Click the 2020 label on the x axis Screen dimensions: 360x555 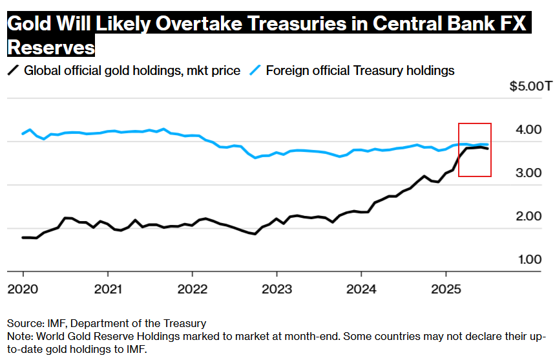pos(23,288)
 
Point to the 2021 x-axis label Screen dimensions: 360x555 pos(108,288)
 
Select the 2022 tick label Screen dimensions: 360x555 pos(193,288)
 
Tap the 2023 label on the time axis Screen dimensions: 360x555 pos(277,288)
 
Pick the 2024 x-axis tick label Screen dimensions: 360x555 pos(362,288)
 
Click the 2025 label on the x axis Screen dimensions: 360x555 pos(446,288)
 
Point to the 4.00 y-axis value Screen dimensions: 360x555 pos(534,130)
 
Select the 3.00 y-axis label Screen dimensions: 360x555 pos(534,173)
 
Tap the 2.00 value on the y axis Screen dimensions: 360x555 pos(534,217)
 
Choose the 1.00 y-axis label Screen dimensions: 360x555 pos(534,260)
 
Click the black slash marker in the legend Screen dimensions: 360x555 pos(13,70)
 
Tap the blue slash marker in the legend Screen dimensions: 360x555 pos(255,70)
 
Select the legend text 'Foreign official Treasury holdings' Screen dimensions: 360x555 pos(360,70)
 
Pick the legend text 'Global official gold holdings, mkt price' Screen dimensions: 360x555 pos(132,70)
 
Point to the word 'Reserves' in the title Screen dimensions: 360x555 pos(50,48)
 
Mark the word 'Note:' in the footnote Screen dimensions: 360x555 pos(21,337)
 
